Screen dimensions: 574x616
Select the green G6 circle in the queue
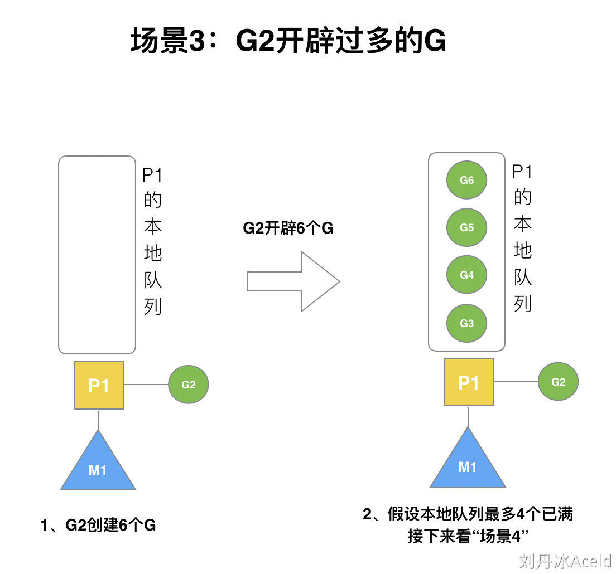click(x=467, y=180)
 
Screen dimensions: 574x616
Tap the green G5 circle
click(x=467, y=227)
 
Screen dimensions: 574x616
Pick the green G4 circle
click(x=467, y=275)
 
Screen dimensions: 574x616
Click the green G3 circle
click(x=467, y=323)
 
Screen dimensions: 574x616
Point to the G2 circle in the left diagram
click(x=189, y=385)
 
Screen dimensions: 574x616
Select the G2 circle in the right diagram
click(x=558, y=382)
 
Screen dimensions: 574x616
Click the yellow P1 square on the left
click(x=99, y=385)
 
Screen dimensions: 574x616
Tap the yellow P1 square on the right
click(x=469, y=382)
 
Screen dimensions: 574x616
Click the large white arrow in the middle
click(x=293, y=281)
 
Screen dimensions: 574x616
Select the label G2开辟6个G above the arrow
click(x=288, y=228)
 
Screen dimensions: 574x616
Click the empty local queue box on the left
click(x=97, y=255)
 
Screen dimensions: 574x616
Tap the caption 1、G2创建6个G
click(x=98, y=525)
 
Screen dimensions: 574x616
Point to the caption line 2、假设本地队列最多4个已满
click(x=468, y=514)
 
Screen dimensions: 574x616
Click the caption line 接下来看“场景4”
click(x=468, y=537)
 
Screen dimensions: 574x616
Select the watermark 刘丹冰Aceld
click(x=565, y=560)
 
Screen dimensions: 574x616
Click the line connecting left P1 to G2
click(x=146, y=385)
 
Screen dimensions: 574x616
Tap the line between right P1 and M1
click(x=468, y=416)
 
